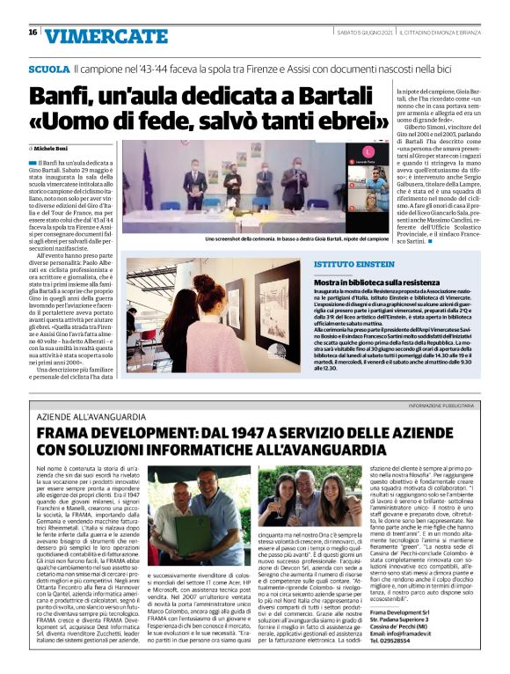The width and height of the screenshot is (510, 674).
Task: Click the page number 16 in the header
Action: click(x=32, y=33)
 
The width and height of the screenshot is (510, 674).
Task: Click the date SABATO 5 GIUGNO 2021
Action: click(x=353, y=33)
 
